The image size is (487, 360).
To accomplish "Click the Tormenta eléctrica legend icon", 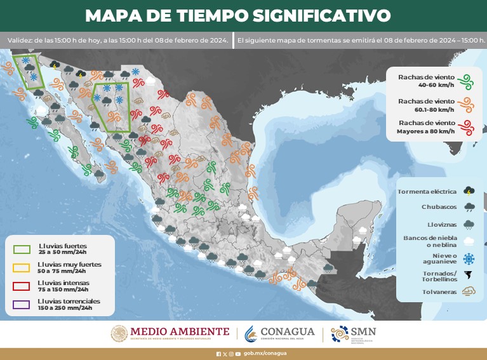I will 469,190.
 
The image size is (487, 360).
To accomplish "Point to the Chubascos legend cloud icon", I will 469,207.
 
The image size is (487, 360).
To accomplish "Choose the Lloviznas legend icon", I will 469,224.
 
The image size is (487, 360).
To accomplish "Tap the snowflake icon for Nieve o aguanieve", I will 469,258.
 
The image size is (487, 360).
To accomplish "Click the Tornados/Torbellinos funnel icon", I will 469,276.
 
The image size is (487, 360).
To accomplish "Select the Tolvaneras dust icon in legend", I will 469,292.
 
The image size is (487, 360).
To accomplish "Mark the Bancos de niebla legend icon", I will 469,241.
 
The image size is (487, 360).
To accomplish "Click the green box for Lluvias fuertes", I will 22,248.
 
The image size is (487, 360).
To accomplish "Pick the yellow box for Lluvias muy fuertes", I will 22,267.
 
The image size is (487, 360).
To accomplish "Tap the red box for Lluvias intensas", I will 22,286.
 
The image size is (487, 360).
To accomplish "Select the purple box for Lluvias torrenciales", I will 22,304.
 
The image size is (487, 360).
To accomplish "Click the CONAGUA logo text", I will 288,332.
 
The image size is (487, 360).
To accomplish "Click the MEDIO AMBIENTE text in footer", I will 180,331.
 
